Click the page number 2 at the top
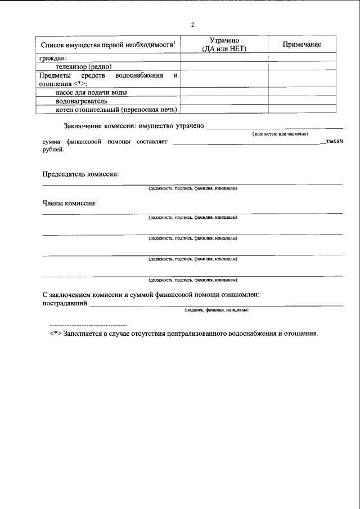pyautogui.click(x=192, y=25)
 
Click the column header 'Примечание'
pyautogui.click(x=301, y=44)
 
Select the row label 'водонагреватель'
pyautogui.click(x=84, y=101)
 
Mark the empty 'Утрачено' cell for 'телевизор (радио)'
pyautogui.click(x=224, y=66)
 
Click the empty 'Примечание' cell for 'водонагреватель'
pyautogui.click(x=301, y=101)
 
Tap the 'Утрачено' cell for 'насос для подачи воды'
pyautogui.click(x=224, y=92)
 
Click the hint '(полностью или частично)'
pyautogui.click(x=280, y=135)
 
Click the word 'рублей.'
pyautogui.click(x=53, y=150)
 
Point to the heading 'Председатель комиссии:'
pyautogui.click(x=80, y=174)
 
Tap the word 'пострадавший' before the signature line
pyautogui.click(x=65, y=303)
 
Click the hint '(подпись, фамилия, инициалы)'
pyautogui.click(x=217, y=310)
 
